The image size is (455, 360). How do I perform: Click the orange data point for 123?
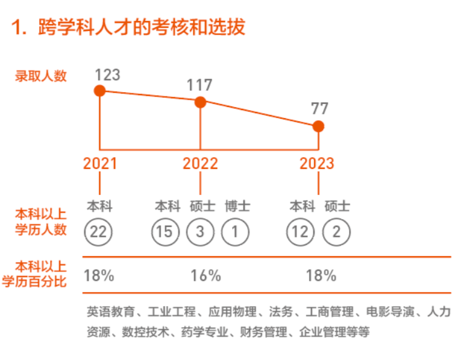tap(100, 91)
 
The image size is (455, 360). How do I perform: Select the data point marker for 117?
tap(200, 102)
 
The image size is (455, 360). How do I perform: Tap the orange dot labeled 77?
tap(318, 126)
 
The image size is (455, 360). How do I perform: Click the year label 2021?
tap(100, 163)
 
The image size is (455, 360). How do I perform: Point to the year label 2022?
tap(200, 163)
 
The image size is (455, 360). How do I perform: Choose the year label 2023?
tap(317, 163)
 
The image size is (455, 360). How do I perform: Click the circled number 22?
tap(99, 232)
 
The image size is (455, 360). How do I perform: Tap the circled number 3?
tap(201, 232)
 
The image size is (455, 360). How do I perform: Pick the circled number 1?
tap(235, 232)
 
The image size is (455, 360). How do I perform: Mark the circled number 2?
tap(336, 232)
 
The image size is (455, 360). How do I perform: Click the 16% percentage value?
tap(206, 275)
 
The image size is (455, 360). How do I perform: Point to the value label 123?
tap(107, 75)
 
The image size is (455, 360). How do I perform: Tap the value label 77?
tap(319, 109)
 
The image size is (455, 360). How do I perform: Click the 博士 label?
tap(237, 206)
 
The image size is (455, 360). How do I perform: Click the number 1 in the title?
tap(16, 27)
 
